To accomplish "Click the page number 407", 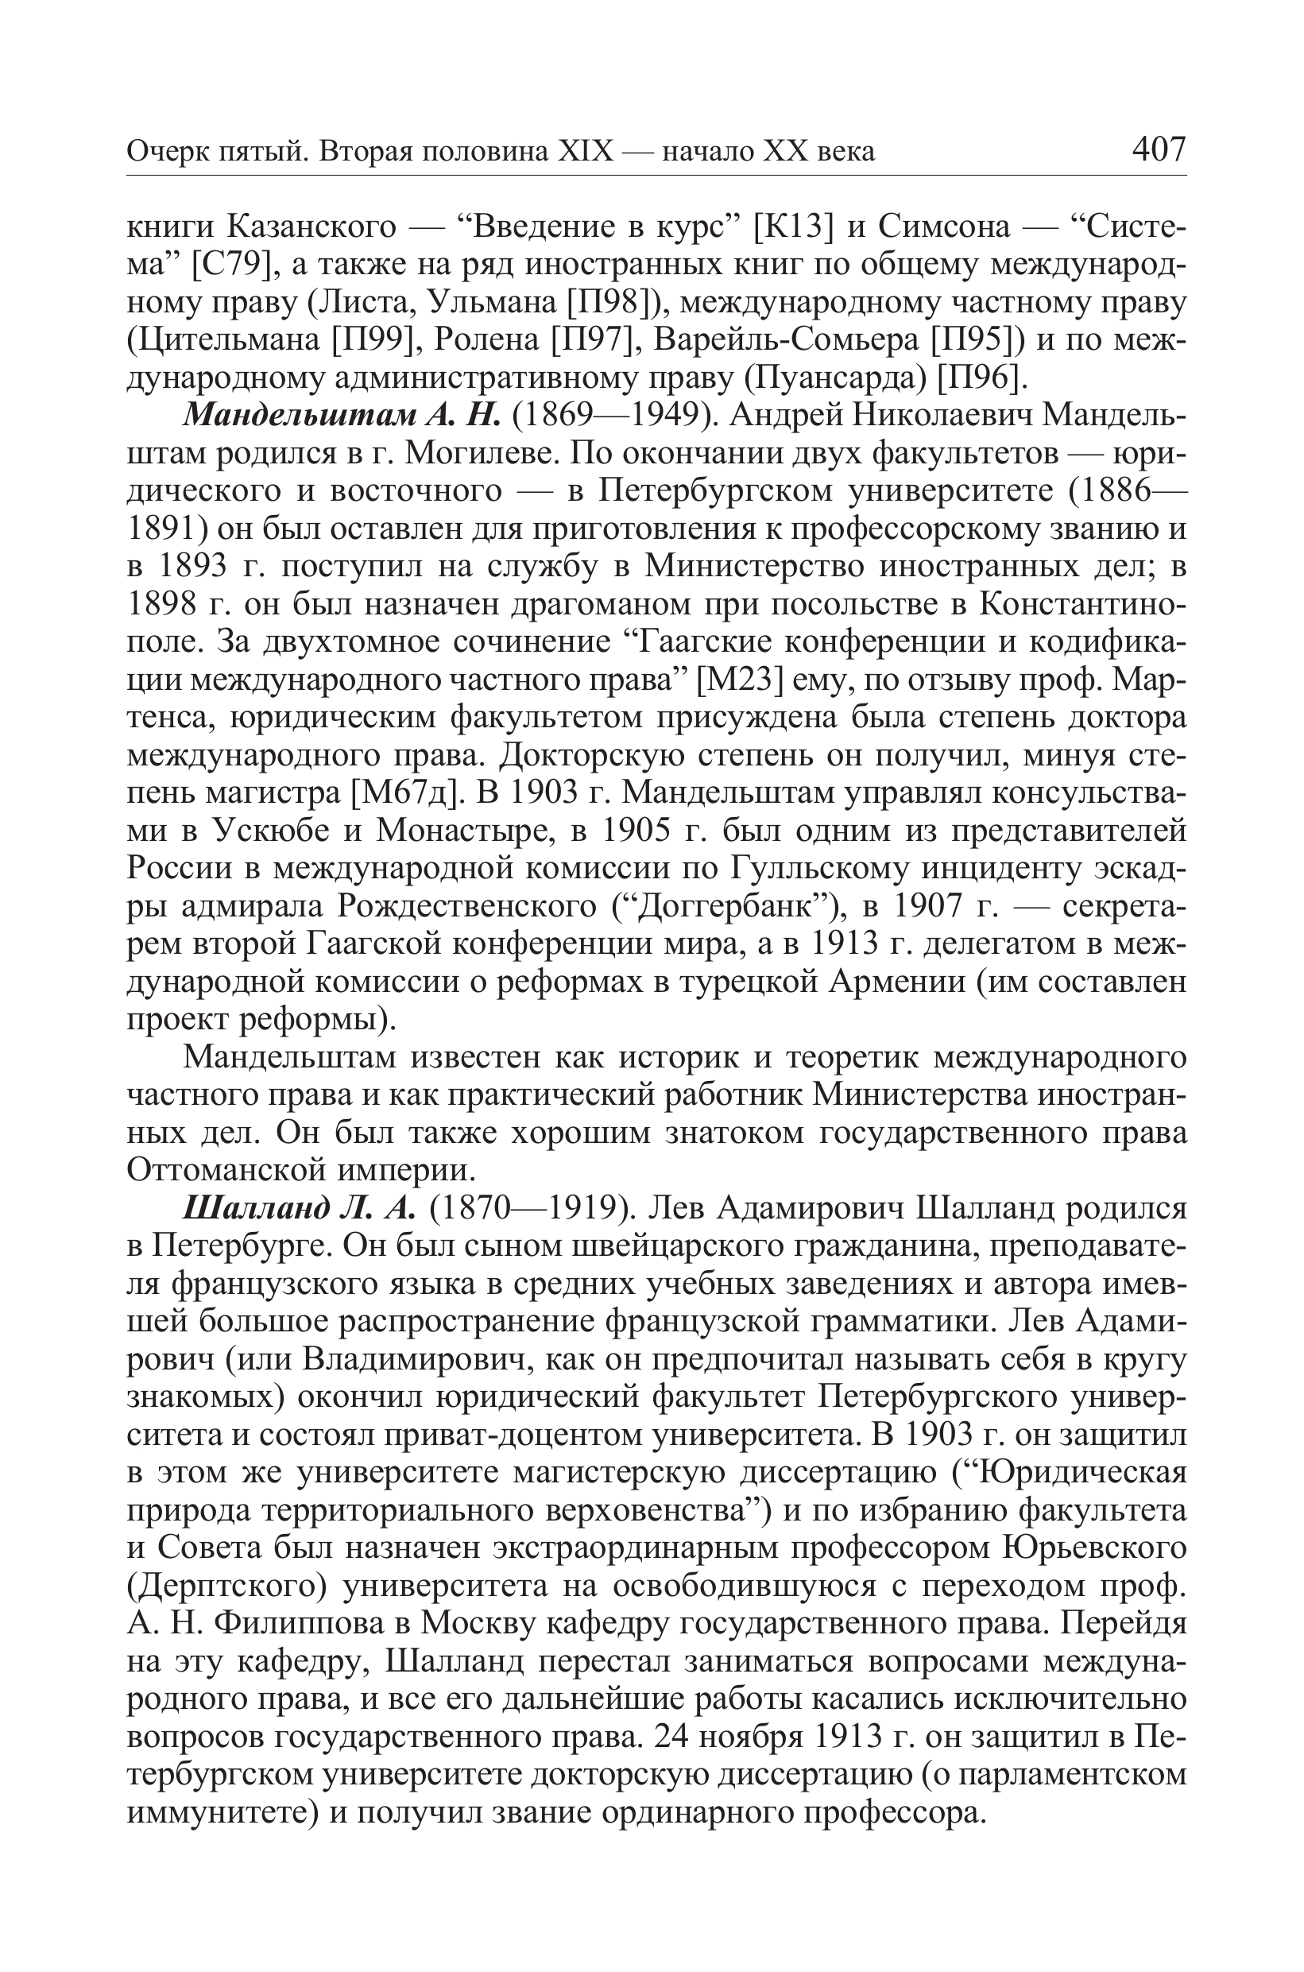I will point(1159,149).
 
